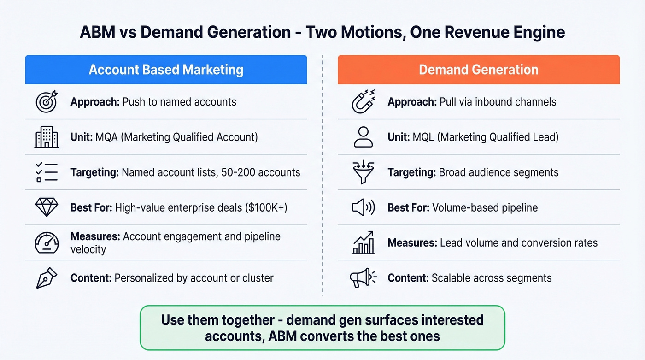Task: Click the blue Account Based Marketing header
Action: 166,70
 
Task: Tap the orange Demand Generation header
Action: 478,70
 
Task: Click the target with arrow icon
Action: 47,101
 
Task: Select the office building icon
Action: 47,137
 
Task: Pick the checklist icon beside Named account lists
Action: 47,172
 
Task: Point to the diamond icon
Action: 47,207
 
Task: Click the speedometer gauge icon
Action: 47,243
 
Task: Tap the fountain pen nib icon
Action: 47,278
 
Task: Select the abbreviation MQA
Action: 106,137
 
